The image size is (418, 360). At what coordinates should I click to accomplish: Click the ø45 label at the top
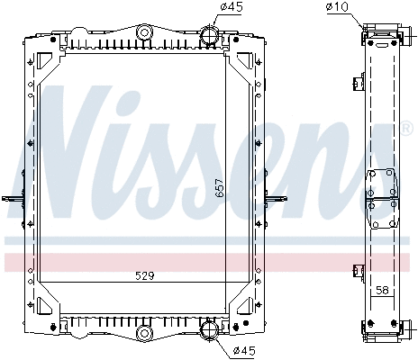[232, 8]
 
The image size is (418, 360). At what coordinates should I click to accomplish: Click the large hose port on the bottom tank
[209, 331]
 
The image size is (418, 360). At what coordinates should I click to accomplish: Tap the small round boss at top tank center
[142, 34]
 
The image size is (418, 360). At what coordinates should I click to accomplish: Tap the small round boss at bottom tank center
[142, 335]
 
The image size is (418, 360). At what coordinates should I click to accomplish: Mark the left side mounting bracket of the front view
[13, 199]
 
